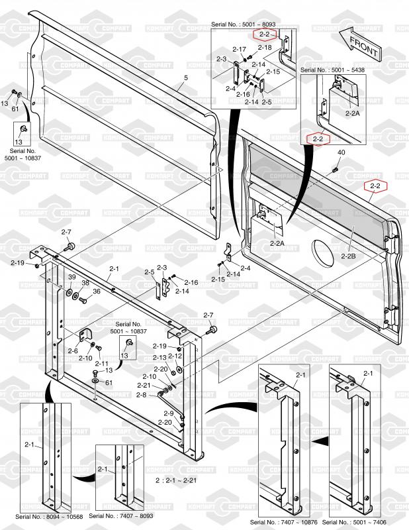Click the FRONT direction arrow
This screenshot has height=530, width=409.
(x=359, y=44)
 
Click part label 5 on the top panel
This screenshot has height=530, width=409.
(x=186, y=78)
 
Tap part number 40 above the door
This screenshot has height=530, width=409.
(x=341, y=152)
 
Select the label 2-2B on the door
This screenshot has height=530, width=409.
(x=347, y=256)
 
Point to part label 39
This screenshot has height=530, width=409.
(x=71, y=277)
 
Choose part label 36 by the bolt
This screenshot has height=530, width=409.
(x=97, y=291)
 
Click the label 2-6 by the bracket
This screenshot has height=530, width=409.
(x=73, y=351)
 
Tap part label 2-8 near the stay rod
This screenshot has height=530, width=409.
(x=142, y=395)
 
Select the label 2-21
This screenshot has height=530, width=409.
(x=144, y=386)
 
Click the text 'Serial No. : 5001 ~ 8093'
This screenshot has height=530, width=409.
(x=243, y=25)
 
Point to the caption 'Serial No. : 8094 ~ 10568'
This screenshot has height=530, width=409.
(x=49, y=517)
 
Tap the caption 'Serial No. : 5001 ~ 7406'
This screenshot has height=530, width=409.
(x=354, y=522)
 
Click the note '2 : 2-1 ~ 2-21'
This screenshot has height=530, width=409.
(x=176, y=480)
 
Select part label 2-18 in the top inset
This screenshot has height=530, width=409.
(x=265, y=47)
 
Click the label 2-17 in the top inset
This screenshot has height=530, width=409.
(x=239, y=49)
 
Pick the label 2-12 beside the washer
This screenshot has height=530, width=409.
(x=175, y=356)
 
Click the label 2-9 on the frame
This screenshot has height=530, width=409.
(x=169, y=413)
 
